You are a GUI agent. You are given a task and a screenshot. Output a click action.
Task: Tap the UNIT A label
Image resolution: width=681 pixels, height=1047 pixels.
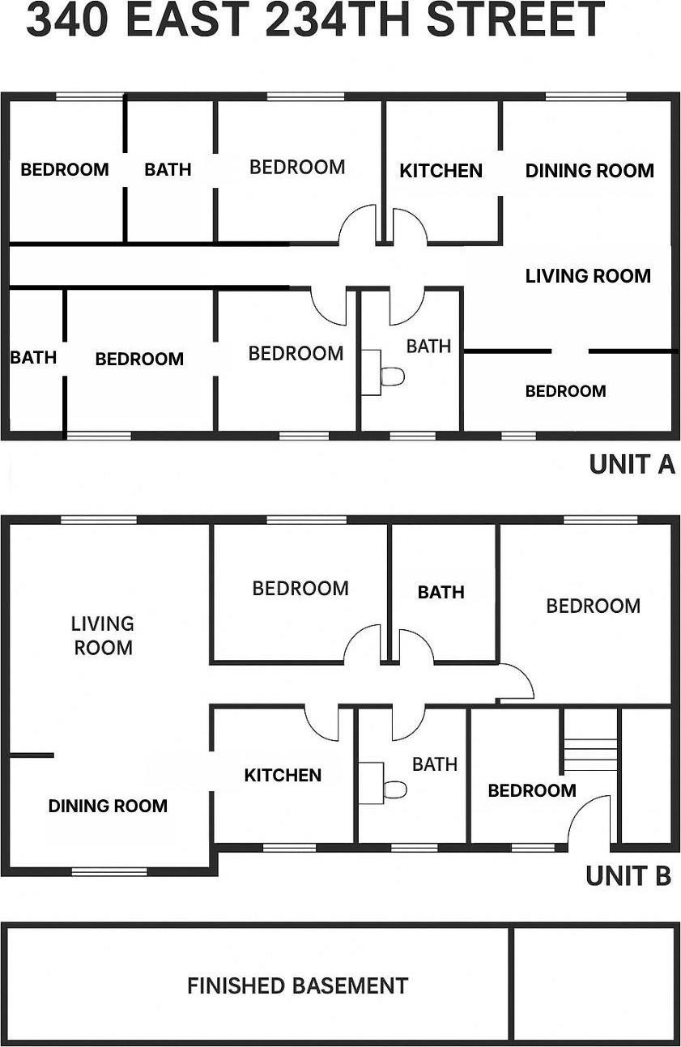[x=632, y=464]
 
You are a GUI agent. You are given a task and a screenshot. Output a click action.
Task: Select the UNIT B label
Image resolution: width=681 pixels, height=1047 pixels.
[x=628, y=875]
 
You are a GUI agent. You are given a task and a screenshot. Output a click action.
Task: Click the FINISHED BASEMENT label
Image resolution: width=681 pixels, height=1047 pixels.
[x=297, y=985]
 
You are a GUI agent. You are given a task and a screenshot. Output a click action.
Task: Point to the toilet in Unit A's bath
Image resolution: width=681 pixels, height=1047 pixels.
[x=393, y=377]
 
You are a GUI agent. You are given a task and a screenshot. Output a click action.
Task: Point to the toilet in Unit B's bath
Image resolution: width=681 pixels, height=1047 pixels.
[x=395, y=790]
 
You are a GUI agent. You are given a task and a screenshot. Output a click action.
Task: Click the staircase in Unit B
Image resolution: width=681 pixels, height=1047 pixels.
[x=590, y=754]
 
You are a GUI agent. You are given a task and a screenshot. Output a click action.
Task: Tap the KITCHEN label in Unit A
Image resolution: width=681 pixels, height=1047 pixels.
[x=441, y=171]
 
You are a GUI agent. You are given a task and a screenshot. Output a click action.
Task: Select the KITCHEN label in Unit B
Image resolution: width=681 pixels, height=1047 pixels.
[x=283, y=775]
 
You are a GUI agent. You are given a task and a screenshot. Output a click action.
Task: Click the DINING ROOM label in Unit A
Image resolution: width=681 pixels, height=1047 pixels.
[x=589, y=171]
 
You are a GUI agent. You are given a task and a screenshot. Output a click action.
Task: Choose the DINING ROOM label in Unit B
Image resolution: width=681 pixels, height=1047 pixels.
[x=108, y=806]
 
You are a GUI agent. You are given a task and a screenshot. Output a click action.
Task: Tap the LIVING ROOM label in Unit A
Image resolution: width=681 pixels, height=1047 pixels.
[x=588, y=276]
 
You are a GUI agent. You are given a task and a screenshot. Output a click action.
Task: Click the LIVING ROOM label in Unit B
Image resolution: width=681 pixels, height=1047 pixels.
[x=103, y=636]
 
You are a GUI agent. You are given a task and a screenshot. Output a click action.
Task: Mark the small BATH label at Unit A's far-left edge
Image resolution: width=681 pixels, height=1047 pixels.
[x=33, y=357]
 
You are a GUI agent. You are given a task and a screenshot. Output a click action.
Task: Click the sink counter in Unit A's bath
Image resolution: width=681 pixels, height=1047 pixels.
[x=371, y=372]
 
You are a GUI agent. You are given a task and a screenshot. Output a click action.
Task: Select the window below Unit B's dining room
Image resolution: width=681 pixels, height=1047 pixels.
[x=109, y=871]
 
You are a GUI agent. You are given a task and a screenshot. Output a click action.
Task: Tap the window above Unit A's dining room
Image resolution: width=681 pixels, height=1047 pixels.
[x=585, y=96]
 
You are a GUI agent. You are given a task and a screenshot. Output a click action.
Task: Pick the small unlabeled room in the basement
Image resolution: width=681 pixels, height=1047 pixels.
[x=594, y=984]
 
